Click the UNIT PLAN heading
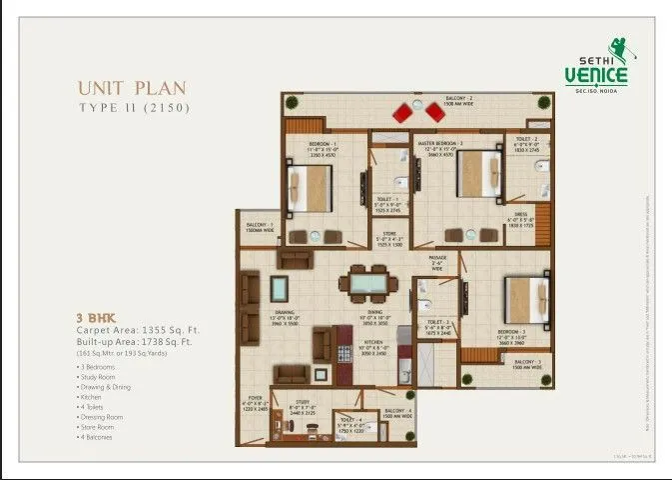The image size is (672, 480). [x=131, y=88]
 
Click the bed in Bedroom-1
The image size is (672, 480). [x=313, y=188]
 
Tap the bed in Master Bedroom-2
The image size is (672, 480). [x=478, y=176]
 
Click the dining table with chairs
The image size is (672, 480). [x=367, y=284]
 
